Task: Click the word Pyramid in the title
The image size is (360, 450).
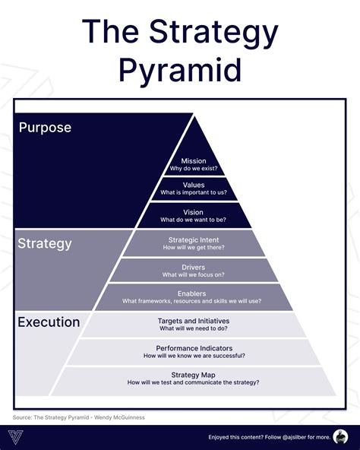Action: [180, 70]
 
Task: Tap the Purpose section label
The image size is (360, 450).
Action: [45, 128]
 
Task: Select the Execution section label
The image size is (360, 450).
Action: [48, 322]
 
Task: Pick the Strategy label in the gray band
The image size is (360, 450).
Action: [45, 244]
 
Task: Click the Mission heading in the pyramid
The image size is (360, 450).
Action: [193, 161]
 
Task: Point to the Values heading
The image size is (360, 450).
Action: [193, 185]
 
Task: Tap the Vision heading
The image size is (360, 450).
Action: [193, 212]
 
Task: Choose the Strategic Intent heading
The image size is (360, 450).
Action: [193, 239]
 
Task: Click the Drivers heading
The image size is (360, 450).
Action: [193, 267]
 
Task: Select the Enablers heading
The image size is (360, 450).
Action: [193, 293]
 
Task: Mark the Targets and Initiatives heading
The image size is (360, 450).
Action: [193, 321]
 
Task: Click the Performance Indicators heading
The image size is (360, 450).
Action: [193, 348]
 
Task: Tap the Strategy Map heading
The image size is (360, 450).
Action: [193, 375]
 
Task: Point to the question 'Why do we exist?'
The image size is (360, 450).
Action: [193, 169]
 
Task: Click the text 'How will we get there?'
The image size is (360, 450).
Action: [193, 248]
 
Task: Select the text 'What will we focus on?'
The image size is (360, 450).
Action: [193, 274]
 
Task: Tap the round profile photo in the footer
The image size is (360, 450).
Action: [339, 436]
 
